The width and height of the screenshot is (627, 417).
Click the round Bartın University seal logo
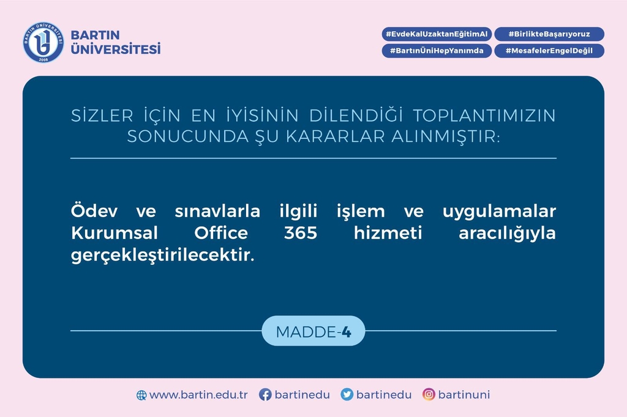coord(43,42)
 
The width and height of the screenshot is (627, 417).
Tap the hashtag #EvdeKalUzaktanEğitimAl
coord(437,34)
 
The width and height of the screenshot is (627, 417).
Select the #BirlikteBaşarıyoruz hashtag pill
coord(549,34)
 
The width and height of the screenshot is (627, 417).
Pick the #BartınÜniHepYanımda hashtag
coord(437,51)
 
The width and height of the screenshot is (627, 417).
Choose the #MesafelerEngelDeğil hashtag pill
coord(549,51)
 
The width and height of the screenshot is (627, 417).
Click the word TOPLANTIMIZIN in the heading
coord(484,116)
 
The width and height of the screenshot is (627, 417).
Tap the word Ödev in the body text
coord(94,210)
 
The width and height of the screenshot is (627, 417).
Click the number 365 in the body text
coord(301,232)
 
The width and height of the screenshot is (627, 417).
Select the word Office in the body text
coord(221,232)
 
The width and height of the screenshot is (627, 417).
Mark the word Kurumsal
coord(115,232)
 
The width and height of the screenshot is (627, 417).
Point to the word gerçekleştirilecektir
coord(163,255)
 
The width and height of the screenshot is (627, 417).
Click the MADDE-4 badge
coord(313,331)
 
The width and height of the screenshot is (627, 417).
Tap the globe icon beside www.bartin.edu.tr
coord(141,395)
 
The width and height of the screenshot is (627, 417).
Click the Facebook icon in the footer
coord(265,394)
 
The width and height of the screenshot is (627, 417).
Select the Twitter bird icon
coord(347,394)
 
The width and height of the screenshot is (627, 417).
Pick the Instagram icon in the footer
coord(429,394)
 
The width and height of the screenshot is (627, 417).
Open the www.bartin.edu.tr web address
coord(198,394)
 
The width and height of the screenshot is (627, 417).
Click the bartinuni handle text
coord(464,394)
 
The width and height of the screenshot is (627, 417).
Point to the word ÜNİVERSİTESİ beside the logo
coord(116,48)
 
